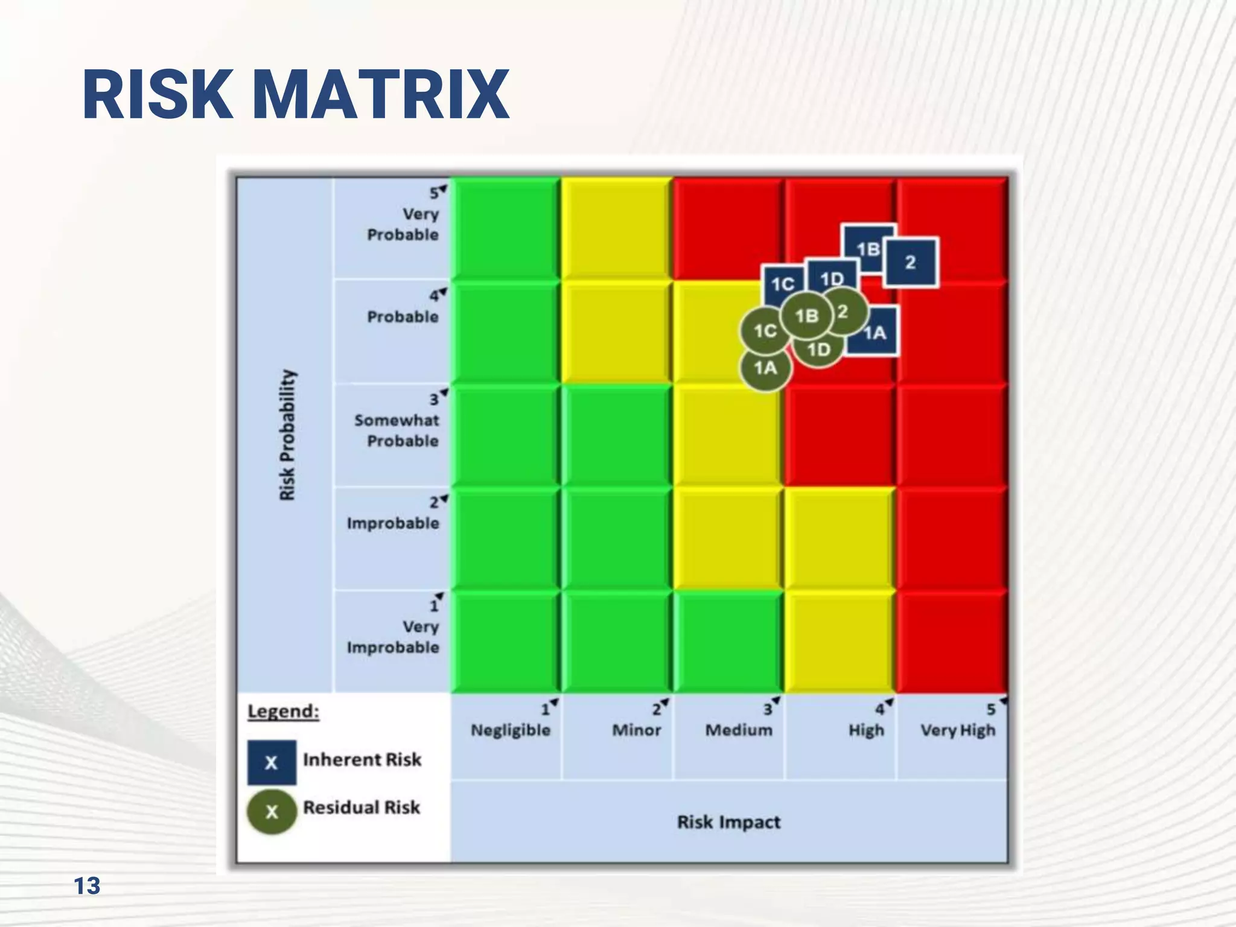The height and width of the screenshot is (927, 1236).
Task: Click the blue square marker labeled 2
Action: point(911,263)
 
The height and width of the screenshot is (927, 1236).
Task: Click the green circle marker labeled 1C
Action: point(765,331)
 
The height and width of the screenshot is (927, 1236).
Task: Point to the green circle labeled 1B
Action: point(807,316)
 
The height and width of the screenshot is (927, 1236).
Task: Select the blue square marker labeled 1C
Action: point(782,284)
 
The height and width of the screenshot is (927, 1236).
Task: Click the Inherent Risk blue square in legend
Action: point(272,762)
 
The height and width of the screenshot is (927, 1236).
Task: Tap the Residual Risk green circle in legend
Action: point(272,812)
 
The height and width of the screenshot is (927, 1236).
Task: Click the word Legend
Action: point(283,712)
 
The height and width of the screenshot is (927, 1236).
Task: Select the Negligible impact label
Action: point(511,730)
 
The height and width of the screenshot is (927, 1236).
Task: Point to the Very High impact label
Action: point(958,730)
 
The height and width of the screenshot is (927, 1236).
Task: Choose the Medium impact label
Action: point(739,730)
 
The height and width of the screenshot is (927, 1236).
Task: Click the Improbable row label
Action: point(393,523)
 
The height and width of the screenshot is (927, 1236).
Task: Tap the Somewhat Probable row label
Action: point(397,430)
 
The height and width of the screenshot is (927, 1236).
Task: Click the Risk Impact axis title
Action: point(728,822)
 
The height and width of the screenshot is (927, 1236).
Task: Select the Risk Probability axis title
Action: point(287,435)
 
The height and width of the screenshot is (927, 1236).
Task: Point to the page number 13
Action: point(87,886)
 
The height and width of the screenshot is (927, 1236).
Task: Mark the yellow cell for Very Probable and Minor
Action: point(616,228)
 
